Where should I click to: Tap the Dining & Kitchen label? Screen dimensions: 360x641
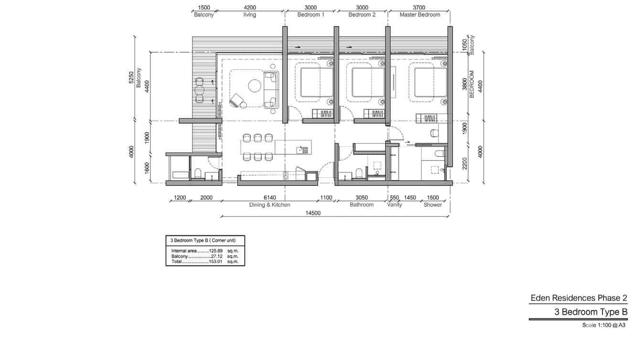pyautogui.click(x=269, y=205)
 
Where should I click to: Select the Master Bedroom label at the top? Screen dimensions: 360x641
pyautogui.click(x=420, y=15)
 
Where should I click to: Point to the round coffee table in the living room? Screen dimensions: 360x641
pyautogui.click(x=254, y=86)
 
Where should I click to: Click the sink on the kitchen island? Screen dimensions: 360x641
pyautogui.click(x=300, y=149)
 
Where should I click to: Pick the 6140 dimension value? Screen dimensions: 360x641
pyautogui.click(x=269, y=198)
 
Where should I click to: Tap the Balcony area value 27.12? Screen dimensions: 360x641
pyautogui.click(x=217, y=256)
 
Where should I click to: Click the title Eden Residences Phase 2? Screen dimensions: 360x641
pyautogui.click(x=578, y=298)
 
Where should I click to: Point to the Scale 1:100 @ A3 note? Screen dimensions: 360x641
pyautogui.click(x=604, y=325)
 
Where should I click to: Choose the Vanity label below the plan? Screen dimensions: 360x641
pyautogui.click(x=394, y=205)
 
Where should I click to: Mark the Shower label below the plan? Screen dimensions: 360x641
pyautogui.click(x=433, y=205)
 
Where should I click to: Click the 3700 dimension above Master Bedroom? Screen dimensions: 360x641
pyautogui.click(x=418, y=8)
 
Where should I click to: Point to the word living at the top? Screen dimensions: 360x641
pyautogui.click(x=249, y=15)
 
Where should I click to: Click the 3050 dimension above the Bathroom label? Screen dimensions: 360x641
pyautogui.click(x=362, y=198)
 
